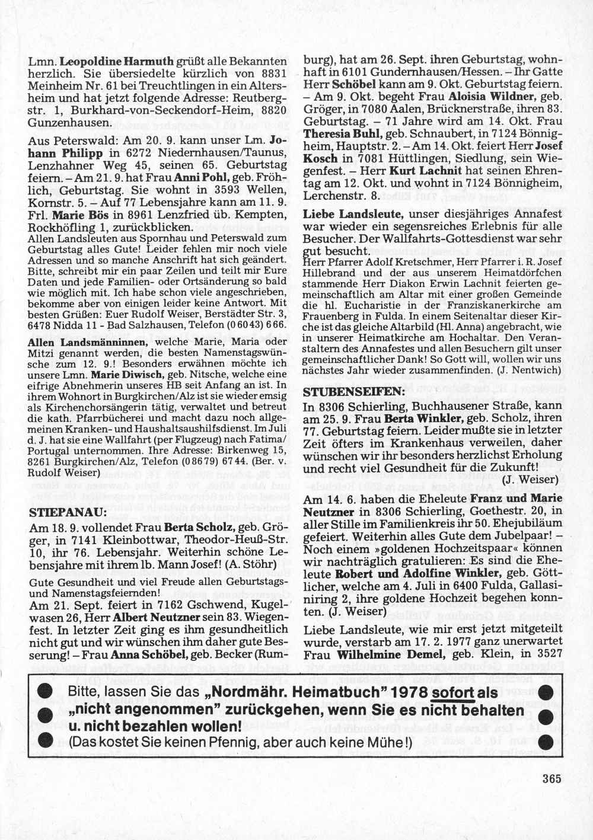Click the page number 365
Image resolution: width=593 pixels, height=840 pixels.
tap(551, 780)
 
